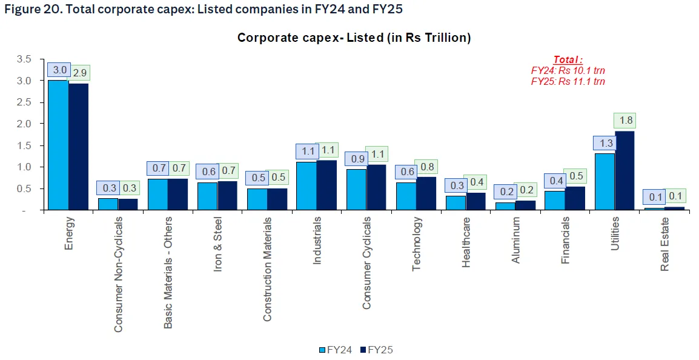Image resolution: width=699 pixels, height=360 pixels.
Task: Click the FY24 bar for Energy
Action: click(58, 145)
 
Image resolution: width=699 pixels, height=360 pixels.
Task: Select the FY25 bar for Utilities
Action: click(624, 171)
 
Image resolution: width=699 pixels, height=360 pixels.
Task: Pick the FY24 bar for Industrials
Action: click(306, 186)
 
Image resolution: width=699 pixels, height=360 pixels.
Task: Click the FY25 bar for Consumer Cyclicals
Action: click(377, 187)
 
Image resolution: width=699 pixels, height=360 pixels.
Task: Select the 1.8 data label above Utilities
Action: click(624, 121)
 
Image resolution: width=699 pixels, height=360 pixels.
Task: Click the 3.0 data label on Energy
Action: click(59, 70)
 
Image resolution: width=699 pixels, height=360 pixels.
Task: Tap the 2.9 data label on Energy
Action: click(79, 73)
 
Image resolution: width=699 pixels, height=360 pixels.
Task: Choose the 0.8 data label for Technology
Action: click(426, 167)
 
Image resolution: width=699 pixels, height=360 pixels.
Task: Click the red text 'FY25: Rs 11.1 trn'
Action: click(568, 81)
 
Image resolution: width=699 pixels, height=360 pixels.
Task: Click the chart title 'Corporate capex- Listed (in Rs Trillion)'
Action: click(354, 38)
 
